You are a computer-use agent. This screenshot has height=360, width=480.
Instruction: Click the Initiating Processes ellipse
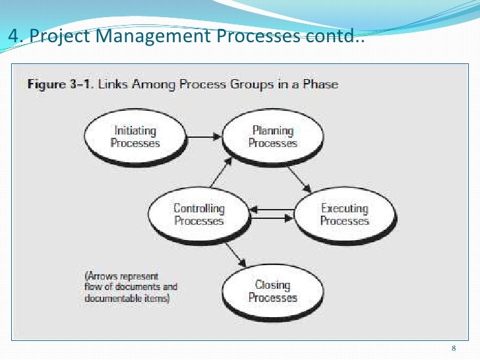point(135,136)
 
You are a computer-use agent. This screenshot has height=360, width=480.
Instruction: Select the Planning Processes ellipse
point(273,136)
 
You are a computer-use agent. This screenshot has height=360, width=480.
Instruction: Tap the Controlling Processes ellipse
point(198,214)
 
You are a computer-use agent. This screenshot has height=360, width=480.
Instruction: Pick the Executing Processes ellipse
point(344,214)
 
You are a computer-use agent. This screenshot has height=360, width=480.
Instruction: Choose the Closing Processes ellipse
point(273,291)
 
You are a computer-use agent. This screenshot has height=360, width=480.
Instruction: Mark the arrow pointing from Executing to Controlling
point(272,218)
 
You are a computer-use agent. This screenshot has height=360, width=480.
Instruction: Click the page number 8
point(454,348)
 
